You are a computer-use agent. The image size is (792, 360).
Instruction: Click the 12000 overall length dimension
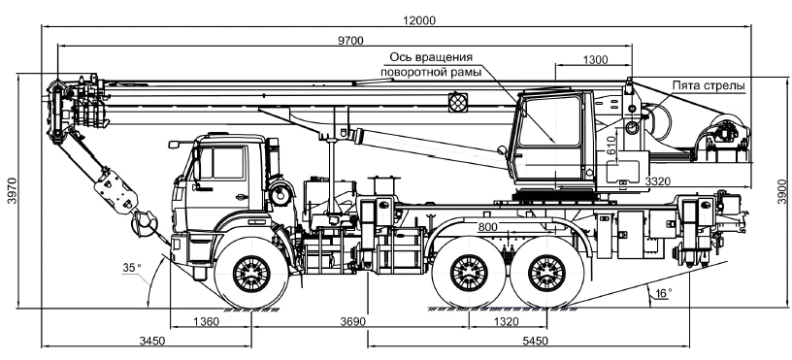(x=418, y=20)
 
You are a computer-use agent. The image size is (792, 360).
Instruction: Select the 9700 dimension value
(x=350, y=41)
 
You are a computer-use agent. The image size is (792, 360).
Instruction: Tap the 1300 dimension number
(x=596, y=60)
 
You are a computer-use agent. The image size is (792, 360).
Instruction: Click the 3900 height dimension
(x=782, y=191)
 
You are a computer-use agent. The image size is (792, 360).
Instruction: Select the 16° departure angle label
(x=664, y=292)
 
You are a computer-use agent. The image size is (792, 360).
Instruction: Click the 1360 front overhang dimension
(x=207, y=322)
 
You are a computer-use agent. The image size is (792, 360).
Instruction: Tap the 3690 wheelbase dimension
(x=352, y=322)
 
